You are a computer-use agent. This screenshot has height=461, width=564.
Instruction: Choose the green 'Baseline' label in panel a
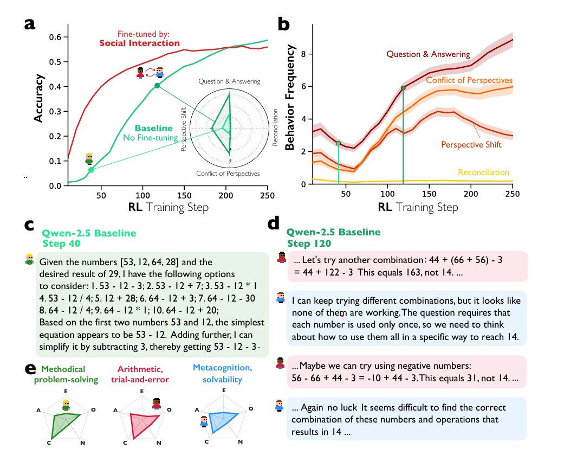coord(154,129)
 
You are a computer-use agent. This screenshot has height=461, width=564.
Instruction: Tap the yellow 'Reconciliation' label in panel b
coord(483,172)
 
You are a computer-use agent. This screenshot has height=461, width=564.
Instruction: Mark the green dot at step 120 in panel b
coord(403,88)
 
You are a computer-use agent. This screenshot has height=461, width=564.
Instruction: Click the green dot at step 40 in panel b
coord(339,143)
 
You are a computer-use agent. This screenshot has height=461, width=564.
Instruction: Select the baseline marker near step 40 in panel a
coord(91,170)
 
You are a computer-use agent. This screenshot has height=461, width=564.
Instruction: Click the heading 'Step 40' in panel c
coord(62,243)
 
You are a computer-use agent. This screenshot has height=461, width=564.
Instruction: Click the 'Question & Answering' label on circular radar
coord(229,81)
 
